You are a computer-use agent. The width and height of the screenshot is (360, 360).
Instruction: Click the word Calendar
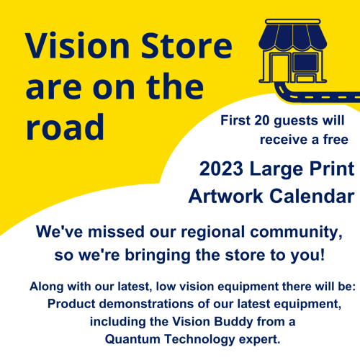[313, 196]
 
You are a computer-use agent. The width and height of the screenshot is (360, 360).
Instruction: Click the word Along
[48, 287]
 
